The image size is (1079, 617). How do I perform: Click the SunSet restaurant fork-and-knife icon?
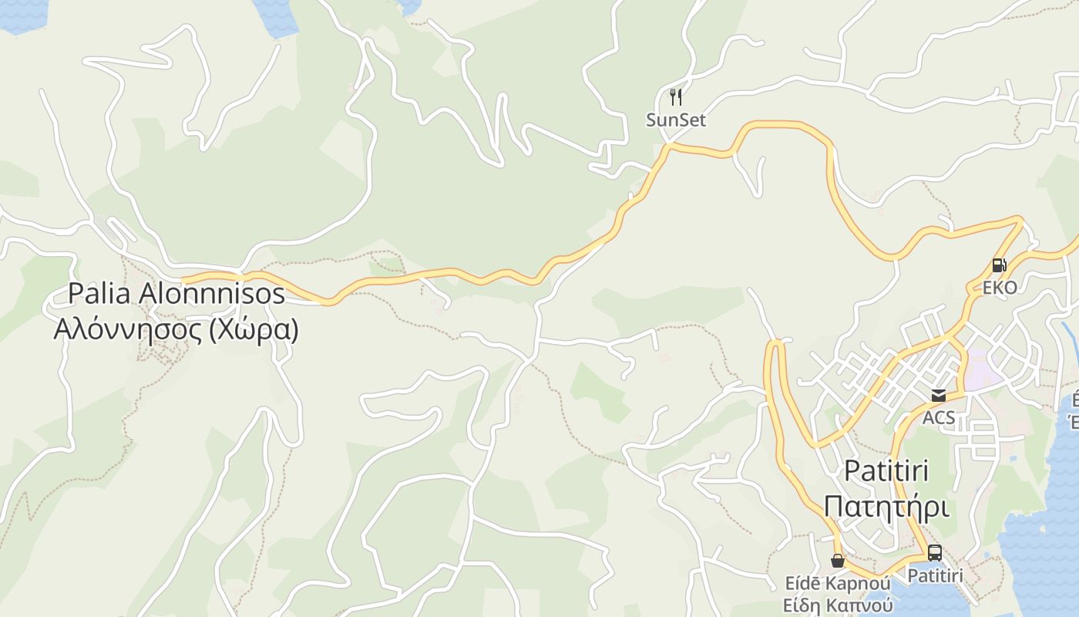click(x=676, y=97)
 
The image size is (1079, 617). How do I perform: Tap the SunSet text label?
click(x=676, y=120)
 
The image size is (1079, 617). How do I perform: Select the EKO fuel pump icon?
click(x=999, y=265)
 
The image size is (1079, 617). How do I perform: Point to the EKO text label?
click(x=999, y=288)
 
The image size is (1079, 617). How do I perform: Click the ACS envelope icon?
click(x=938, y=396)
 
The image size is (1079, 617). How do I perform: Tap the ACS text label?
click(x=938, y=418)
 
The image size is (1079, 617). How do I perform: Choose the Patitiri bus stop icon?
click(x=934, y=553)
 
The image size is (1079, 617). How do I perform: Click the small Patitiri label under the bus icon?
click(x=935, y=575)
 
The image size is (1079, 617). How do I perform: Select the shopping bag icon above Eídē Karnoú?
click(x=837, y=560)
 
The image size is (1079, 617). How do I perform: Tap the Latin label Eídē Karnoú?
click(x=837, y=582)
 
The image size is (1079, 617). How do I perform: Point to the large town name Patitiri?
click(x=886, y=470)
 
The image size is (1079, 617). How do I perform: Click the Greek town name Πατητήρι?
click(x=886, y=507)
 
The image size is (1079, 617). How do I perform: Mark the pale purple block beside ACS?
click(x=983, y=369)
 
